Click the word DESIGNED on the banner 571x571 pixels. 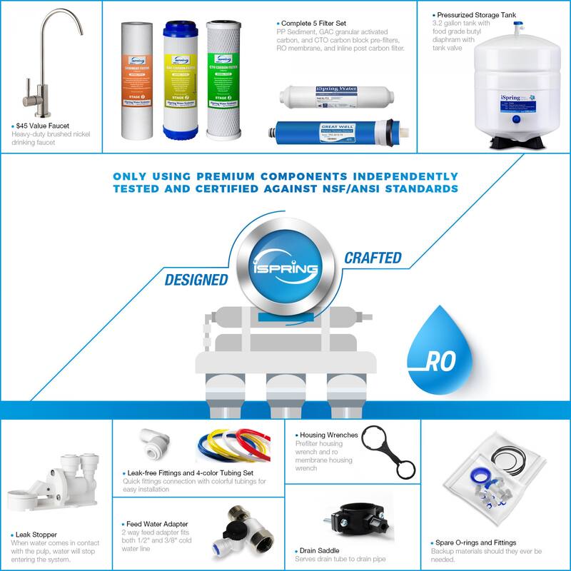pyautogui.click(x=196, y=280)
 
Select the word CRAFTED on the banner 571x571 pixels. pyautogui.click(x=373, y=257)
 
